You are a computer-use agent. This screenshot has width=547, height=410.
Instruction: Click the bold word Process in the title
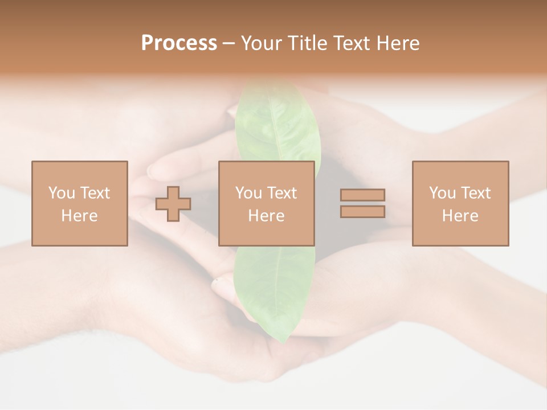point(179,43)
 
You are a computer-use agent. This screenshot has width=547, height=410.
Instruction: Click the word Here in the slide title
point(400,43)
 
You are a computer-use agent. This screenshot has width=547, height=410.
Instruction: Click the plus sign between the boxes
point(173,204)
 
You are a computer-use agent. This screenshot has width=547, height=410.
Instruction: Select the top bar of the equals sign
point(362,195)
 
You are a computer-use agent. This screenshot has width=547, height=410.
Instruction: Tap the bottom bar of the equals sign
point(362,212)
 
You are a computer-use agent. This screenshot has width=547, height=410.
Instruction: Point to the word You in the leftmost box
point(62,193)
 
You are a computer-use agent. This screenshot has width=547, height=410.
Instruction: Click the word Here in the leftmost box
point(80,216)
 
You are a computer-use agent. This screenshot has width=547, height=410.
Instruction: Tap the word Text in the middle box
point(282,193)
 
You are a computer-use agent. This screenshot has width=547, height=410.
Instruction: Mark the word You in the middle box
point(248,193)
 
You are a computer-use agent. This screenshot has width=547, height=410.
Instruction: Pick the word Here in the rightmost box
point(460,216)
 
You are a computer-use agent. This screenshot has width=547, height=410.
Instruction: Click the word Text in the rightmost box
point(476,193)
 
